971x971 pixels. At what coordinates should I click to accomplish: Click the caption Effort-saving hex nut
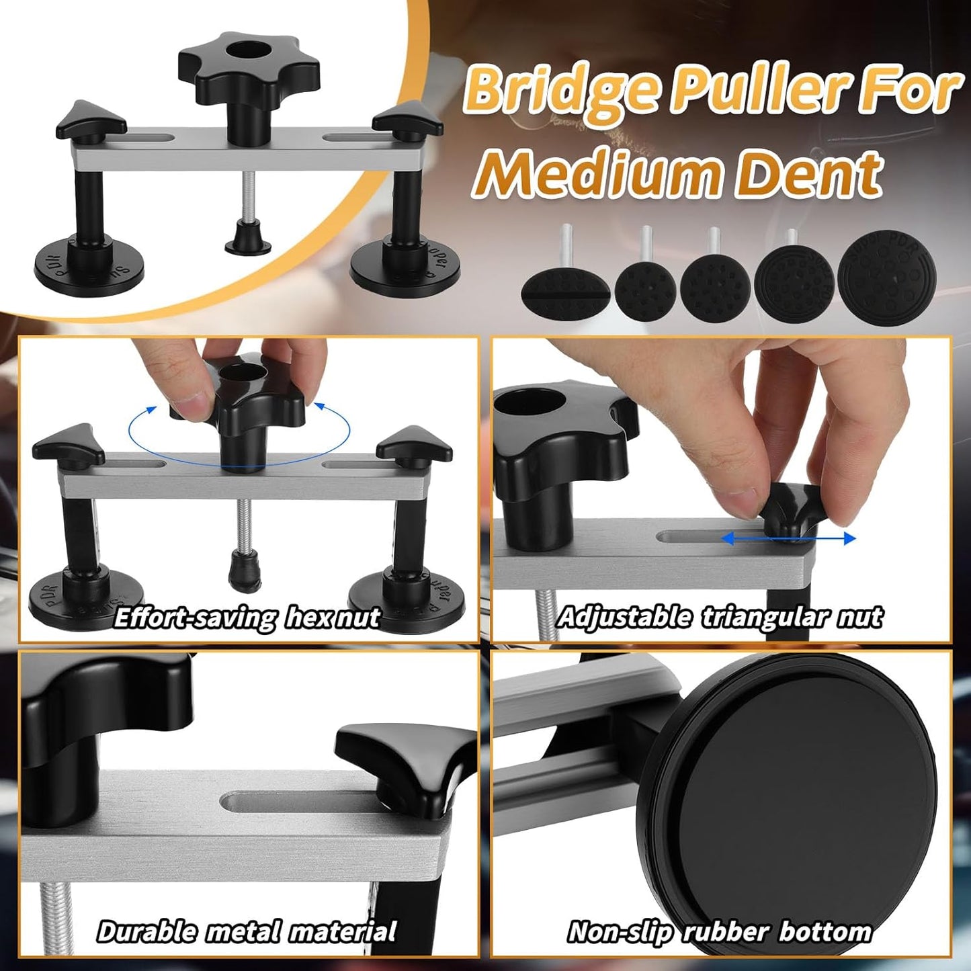(247, 617)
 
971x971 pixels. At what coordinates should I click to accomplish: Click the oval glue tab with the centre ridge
(566, 292)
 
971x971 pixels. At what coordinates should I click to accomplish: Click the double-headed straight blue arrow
(789, 539)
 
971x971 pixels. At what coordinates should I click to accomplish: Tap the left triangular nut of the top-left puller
(91, 121)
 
